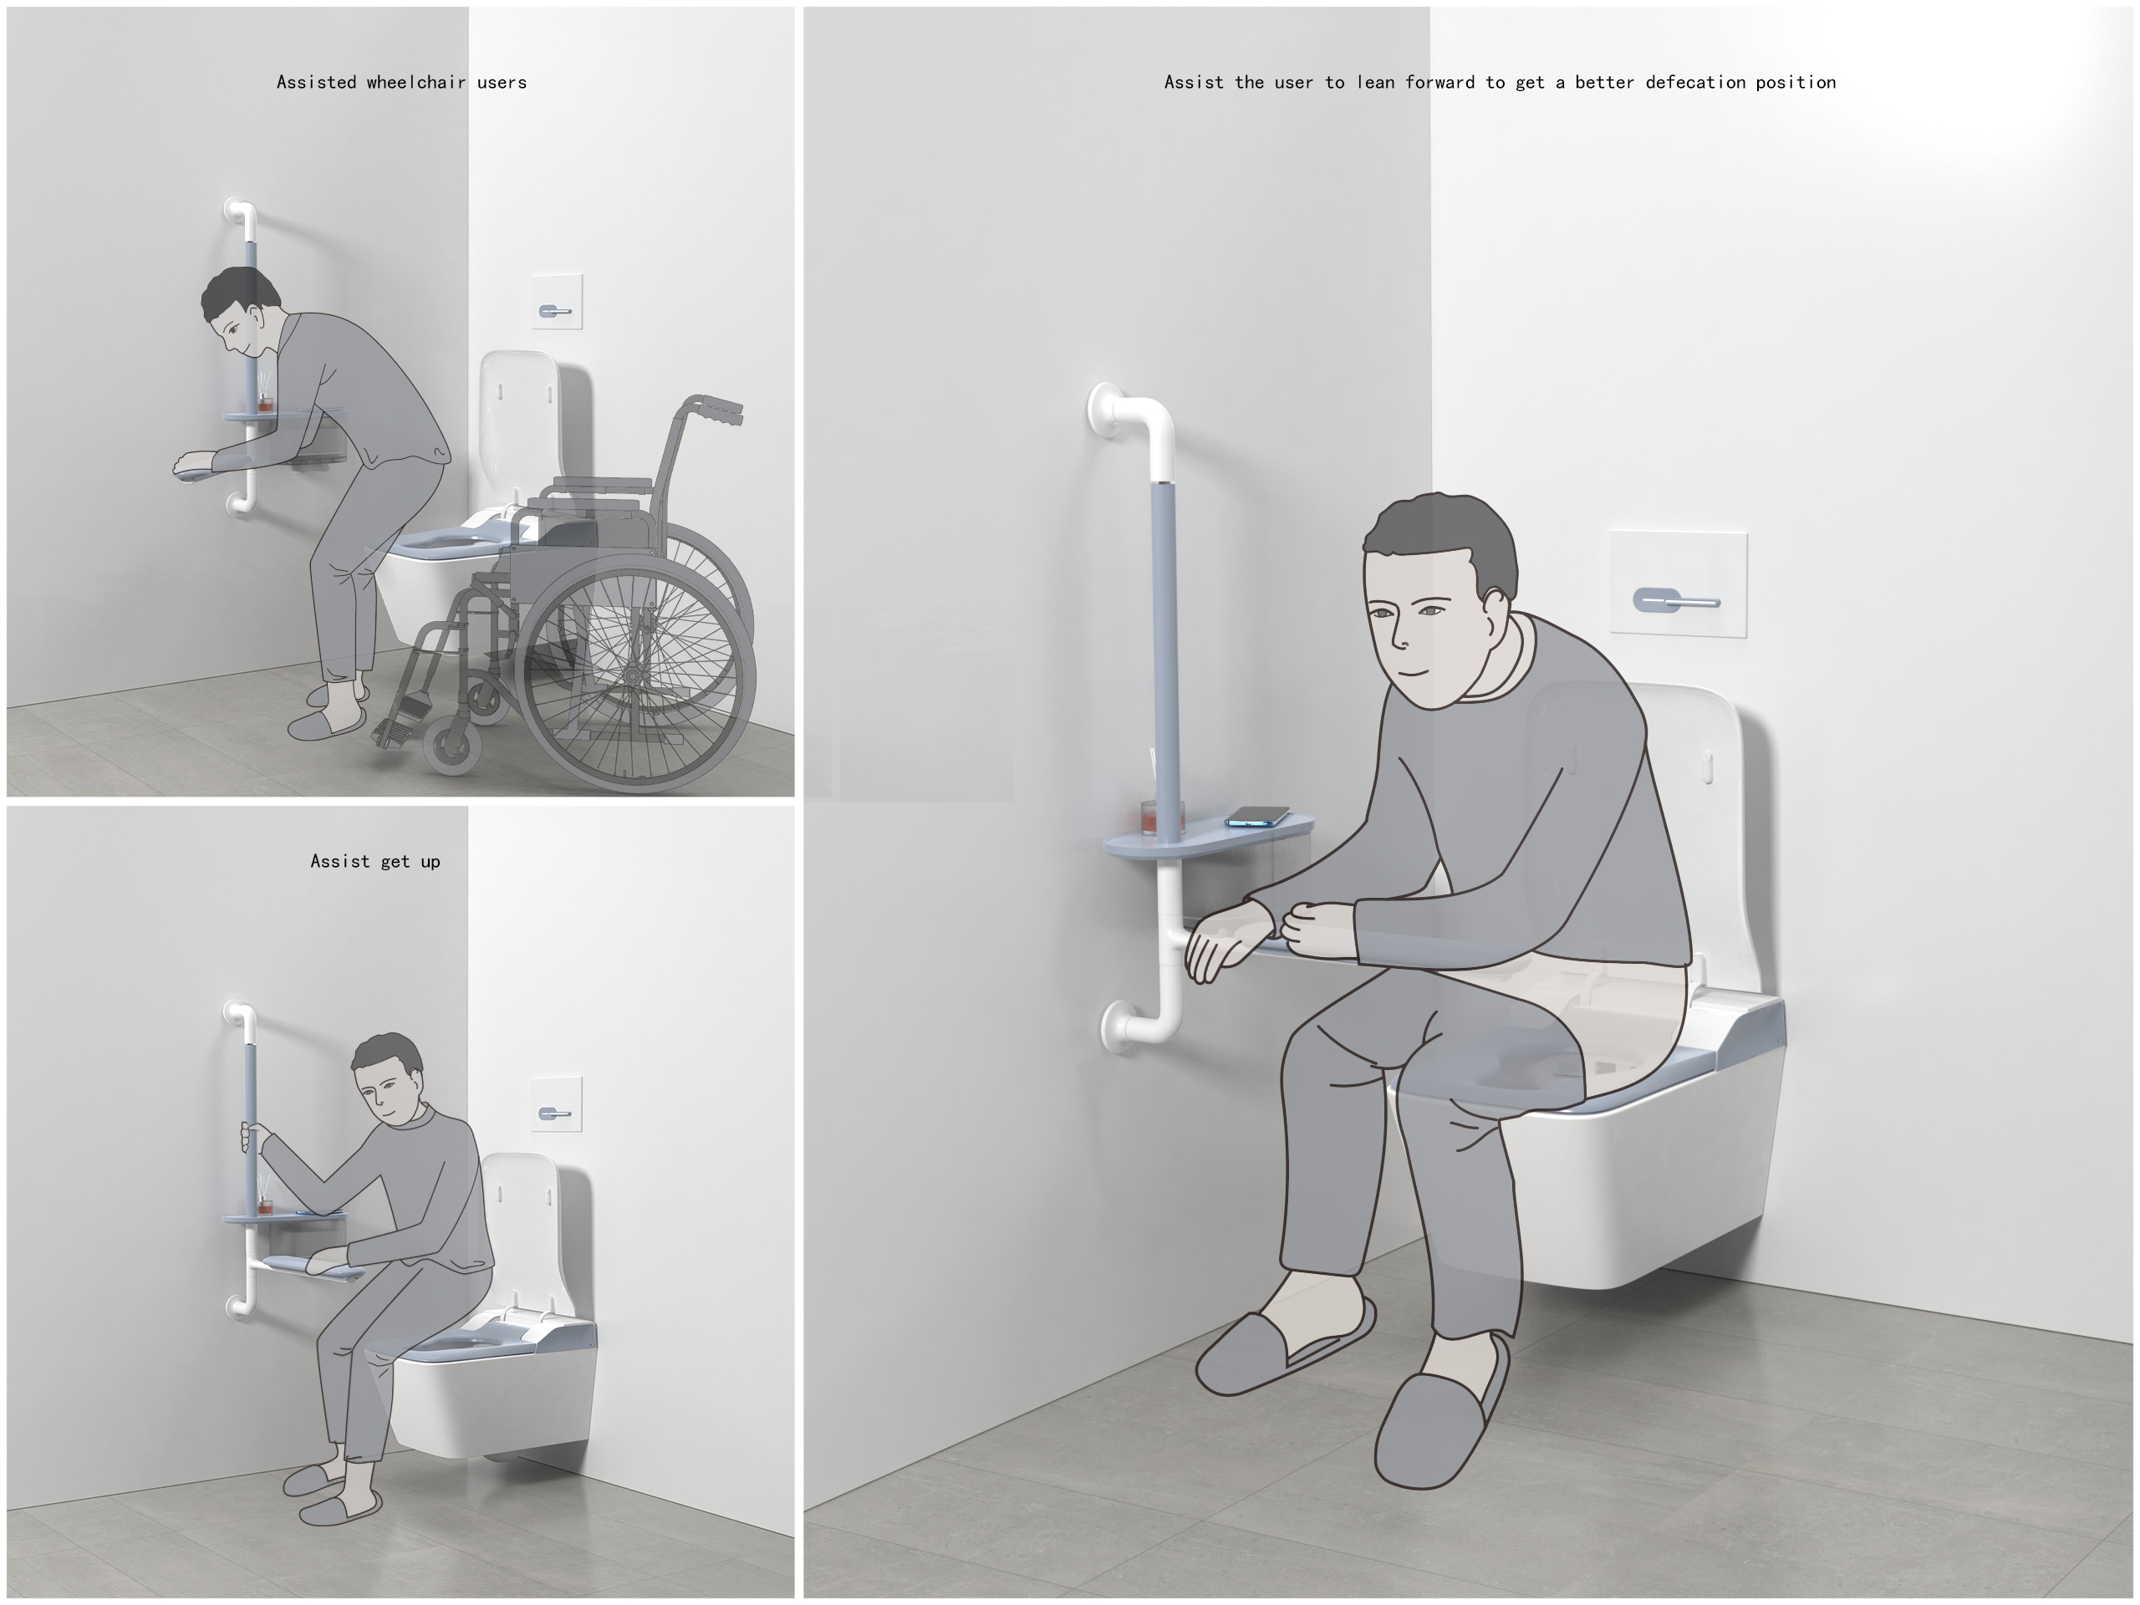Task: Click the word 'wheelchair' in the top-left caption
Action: point(416,82)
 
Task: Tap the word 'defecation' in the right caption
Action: point(1695,82)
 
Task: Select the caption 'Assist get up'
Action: point(375,861)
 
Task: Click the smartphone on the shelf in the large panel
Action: point(1258,818)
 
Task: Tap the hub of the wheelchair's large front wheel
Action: point(633,675)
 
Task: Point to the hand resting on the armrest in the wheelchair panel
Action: point(196,465)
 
